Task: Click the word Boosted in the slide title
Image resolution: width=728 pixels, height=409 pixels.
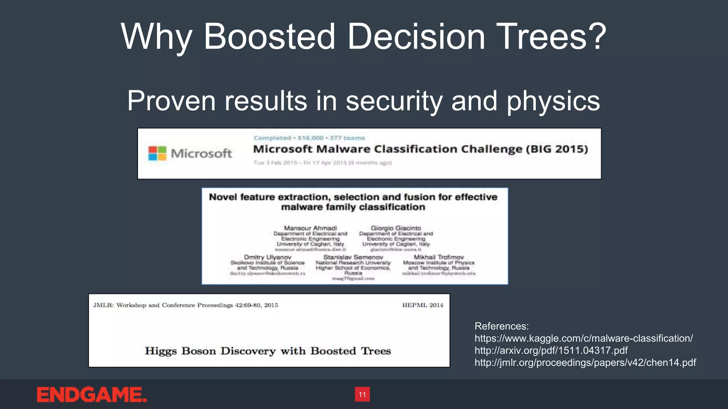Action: (x=269, y=37)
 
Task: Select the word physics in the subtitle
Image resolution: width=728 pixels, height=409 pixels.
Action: (x=553, y=101)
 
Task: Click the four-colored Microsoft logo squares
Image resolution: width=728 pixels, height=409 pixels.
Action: (x=157, y=153)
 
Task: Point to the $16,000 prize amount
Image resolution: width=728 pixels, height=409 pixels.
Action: (x=311, y=138)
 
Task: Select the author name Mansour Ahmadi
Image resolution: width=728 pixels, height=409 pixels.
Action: (x=310, y=228)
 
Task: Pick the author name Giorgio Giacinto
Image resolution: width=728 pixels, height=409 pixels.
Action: (x=396, y=228)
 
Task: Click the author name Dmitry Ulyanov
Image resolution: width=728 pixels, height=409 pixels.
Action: (x=267, y=257)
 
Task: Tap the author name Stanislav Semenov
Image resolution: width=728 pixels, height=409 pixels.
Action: (x=353, y=257)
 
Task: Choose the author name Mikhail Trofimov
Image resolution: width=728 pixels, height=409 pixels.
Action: (x=439, y=257)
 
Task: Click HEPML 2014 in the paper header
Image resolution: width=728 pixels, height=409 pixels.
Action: (x=423, y=305)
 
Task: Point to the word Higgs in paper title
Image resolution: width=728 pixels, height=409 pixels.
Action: (x=161, y=351)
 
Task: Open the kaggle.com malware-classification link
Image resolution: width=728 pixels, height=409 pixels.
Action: (x=583, y=338)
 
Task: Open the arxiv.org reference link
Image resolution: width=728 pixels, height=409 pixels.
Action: (x=551, y=350)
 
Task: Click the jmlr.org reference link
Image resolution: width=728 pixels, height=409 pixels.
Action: (x=585, y=362)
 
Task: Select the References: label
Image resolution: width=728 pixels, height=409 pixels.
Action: (x=502, y=326)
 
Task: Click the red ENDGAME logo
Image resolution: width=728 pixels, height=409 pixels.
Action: (x=92, y=395)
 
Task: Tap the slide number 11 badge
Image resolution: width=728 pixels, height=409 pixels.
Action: (x=362, y=394)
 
